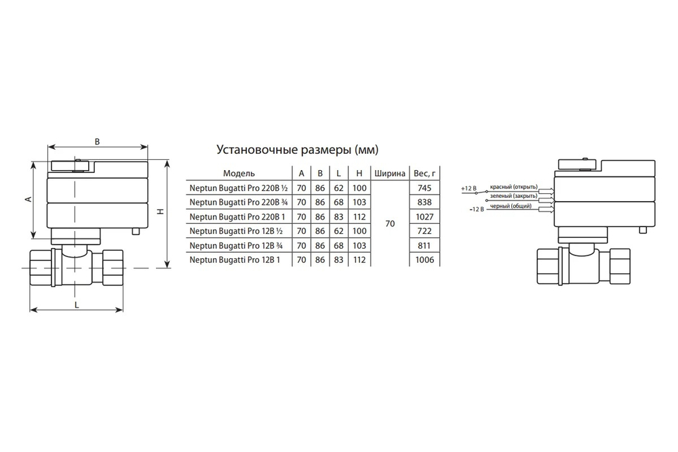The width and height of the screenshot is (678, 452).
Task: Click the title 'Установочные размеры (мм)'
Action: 297,150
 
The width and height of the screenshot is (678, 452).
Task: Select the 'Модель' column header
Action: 239,173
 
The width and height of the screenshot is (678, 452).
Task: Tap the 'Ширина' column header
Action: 390,173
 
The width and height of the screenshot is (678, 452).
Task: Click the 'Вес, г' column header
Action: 424,173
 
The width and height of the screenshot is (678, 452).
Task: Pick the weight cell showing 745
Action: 424,188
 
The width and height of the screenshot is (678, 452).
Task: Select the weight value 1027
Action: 424,216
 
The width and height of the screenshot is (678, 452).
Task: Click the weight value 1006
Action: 424,260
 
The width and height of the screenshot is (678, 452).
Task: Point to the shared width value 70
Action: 390,224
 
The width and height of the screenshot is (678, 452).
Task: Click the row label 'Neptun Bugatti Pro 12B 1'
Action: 235,260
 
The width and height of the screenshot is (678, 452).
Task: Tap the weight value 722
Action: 424,231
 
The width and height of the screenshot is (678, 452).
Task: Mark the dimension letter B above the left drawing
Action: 97,142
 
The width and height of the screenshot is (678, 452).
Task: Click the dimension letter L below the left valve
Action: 77,305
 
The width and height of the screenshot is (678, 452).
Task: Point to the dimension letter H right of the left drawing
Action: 161,211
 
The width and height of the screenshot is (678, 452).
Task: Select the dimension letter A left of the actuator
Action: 28,199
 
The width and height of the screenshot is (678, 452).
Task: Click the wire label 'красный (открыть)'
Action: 514,187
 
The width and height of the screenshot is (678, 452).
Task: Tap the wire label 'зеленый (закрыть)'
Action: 514,197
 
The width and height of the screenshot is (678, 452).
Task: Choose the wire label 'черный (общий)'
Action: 511,206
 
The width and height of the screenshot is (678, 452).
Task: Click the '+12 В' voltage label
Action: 468,189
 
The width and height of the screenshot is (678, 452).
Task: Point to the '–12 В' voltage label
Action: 477,209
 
